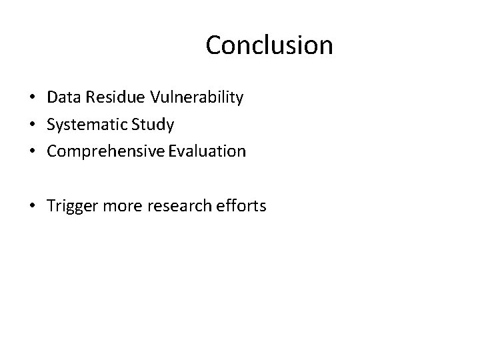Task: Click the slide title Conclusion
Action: click(269, 45)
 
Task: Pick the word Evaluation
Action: click(207, 151)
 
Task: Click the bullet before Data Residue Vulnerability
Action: click(32, 99)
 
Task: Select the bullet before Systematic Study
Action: click(32, 125)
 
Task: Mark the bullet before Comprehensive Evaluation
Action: click(32, 152)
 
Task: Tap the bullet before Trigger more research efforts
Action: click(32, 207)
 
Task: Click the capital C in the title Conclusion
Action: click(215, 45)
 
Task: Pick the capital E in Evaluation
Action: click(173, 151)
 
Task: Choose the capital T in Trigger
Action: click(51, 206)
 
